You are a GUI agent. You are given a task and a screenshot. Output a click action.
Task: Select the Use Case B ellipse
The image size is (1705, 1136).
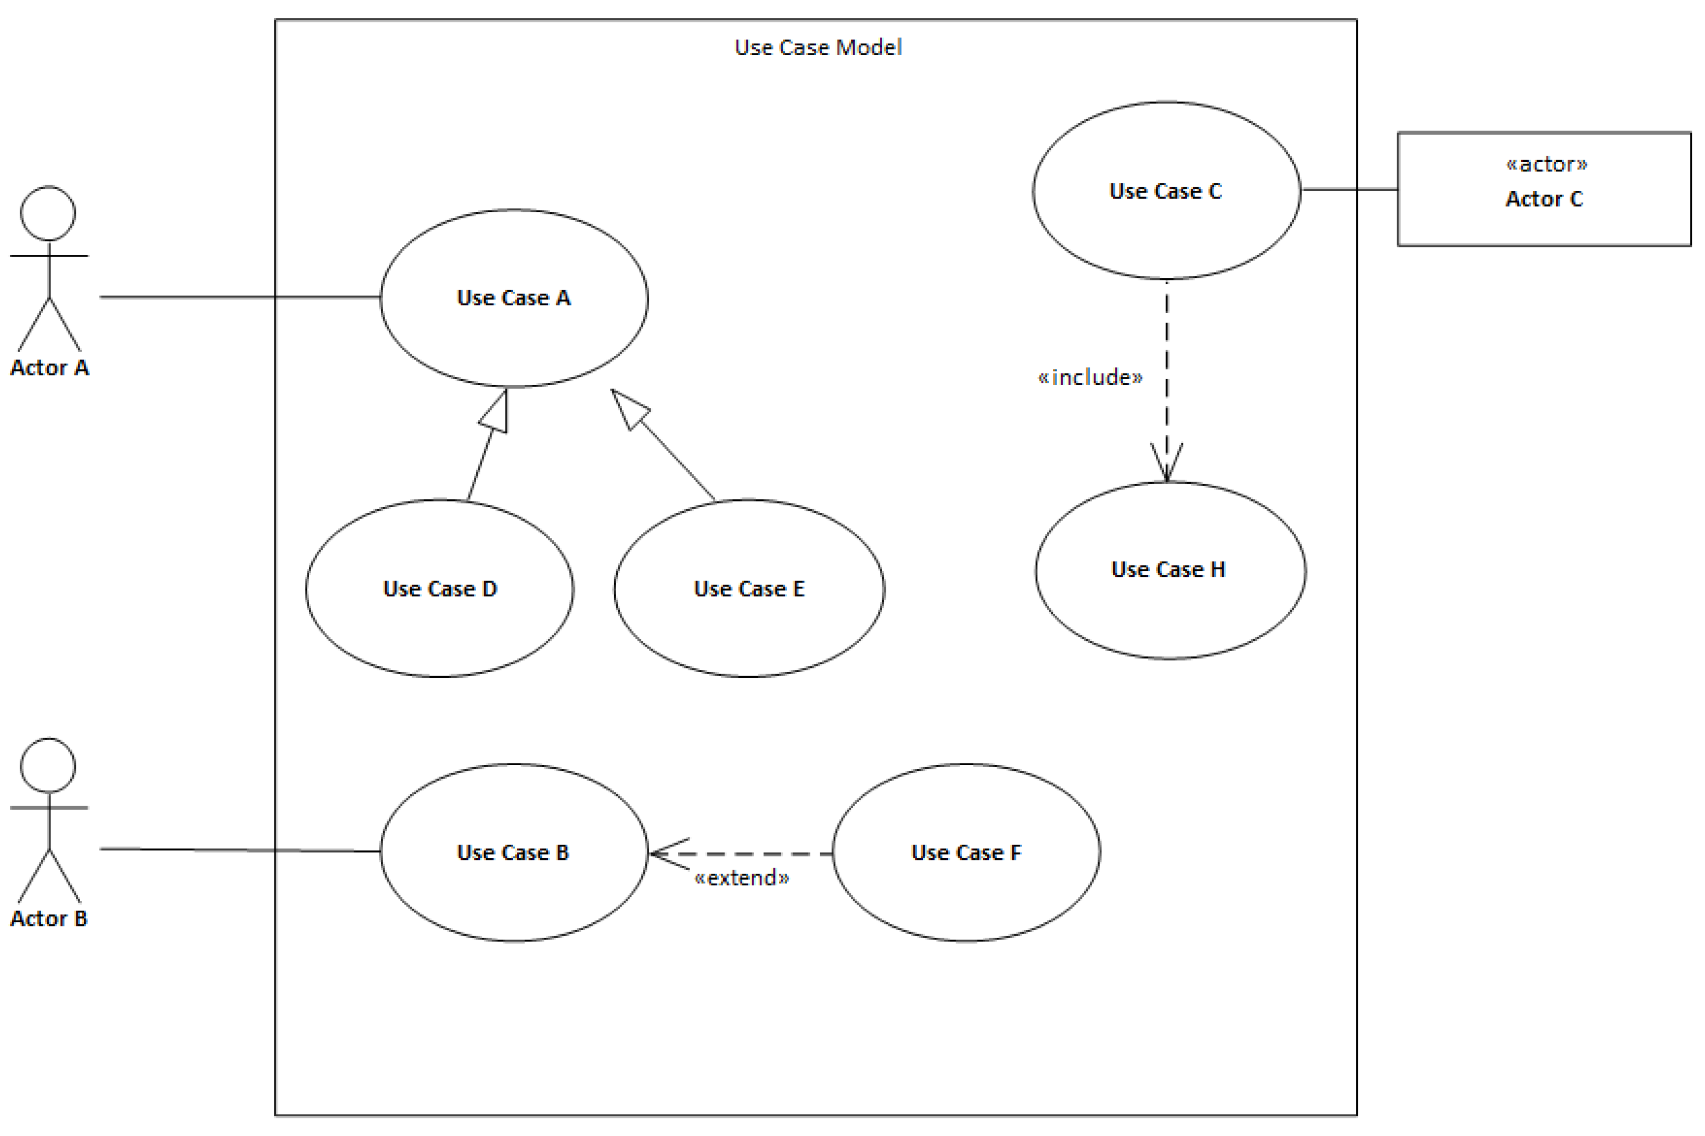(514, 853)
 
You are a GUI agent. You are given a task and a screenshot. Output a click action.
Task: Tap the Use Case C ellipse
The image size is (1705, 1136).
(1166, 190)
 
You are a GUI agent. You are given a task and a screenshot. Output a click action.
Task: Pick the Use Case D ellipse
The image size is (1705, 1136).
(439, 588)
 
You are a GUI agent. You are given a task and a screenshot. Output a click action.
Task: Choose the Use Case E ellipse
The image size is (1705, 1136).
(749, 588)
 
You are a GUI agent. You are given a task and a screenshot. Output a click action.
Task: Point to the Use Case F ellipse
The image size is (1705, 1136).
(966, 853)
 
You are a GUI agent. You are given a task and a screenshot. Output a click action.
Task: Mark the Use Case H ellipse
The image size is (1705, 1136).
(1170, 570)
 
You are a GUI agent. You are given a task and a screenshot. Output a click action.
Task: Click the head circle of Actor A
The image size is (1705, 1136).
(48, 214)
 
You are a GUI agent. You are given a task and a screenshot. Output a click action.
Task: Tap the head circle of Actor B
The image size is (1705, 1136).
(48, 766)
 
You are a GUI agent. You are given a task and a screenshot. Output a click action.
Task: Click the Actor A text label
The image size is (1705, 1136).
(49, 368)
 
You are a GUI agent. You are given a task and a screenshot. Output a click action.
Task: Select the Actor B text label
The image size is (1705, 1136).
(48, 919)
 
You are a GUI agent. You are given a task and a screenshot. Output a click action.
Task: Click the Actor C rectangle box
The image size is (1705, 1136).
(1544, 189)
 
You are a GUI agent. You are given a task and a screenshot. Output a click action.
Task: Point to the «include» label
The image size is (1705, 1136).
(1090, 378)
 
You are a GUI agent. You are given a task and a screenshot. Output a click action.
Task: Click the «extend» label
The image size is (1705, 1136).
(742, 878)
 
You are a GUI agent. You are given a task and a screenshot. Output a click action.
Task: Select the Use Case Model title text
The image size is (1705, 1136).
(818, 48)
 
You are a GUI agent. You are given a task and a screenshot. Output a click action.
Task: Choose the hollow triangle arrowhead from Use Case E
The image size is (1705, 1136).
(628, 408)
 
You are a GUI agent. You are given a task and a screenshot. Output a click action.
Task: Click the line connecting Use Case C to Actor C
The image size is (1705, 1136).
(1349, 190)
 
